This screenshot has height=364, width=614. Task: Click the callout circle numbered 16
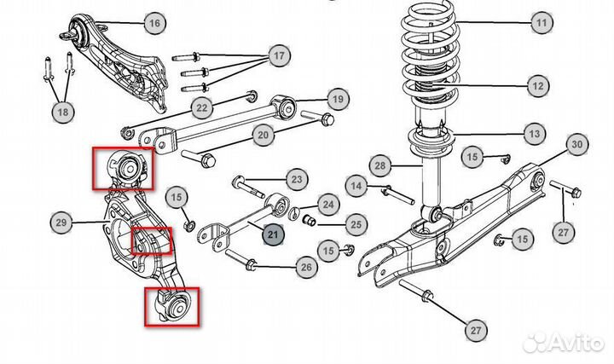point(153,23)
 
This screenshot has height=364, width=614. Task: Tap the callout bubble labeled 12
point(537,86)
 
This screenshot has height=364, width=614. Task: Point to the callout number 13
point(535,134)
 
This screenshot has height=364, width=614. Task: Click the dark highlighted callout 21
point(274,234)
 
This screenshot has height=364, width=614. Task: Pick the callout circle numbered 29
point(61,224)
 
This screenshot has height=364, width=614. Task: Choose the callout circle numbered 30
point(576,145)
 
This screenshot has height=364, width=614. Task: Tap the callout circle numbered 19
point(338,100)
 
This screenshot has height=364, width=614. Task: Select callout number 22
point(201,107)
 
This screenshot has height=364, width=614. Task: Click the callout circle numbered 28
point(380,165)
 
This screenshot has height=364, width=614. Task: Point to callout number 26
point(307,268)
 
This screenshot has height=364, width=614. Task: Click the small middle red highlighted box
point(151,241)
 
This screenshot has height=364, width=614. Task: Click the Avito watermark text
point(573,342)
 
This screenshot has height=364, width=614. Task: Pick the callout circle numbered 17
point(278,57)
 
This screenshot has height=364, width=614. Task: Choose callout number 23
point(296,180)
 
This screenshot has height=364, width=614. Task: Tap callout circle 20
point(263,135)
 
